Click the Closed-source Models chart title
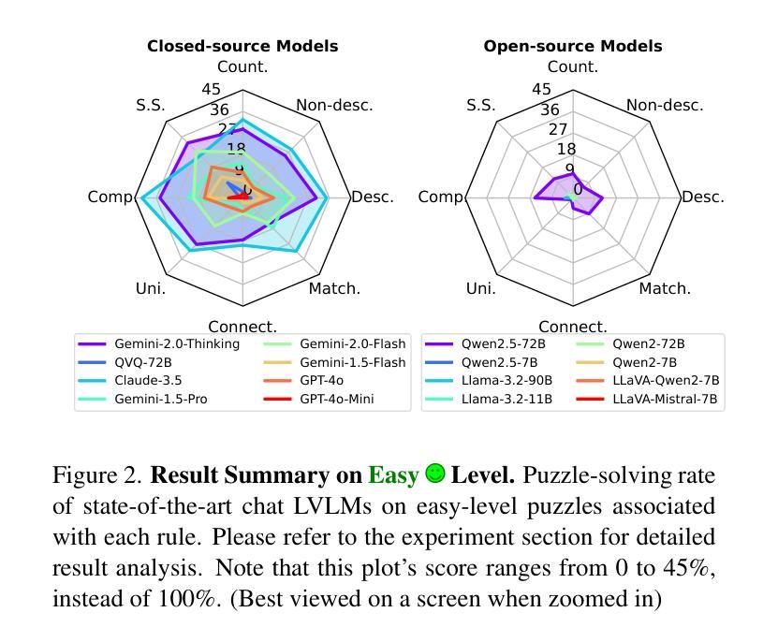click(242, 46)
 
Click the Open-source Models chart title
click(572, 46)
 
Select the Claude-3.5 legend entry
click(148, 381)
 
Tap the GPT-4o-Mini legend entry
click(339, 400)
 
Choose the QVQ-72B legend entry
click(143, 362)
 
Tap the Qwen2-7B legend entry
click(643, 362)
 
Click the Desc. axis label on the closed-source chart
click(372, 197)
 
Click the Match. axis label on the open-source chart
click(665, 288)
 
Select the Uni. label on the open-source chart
click(480, 288)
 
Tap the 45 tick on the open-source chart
click(541, 90)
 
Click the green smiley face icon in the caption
click(434, 474)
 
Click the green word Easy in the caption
click(393, 475)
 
